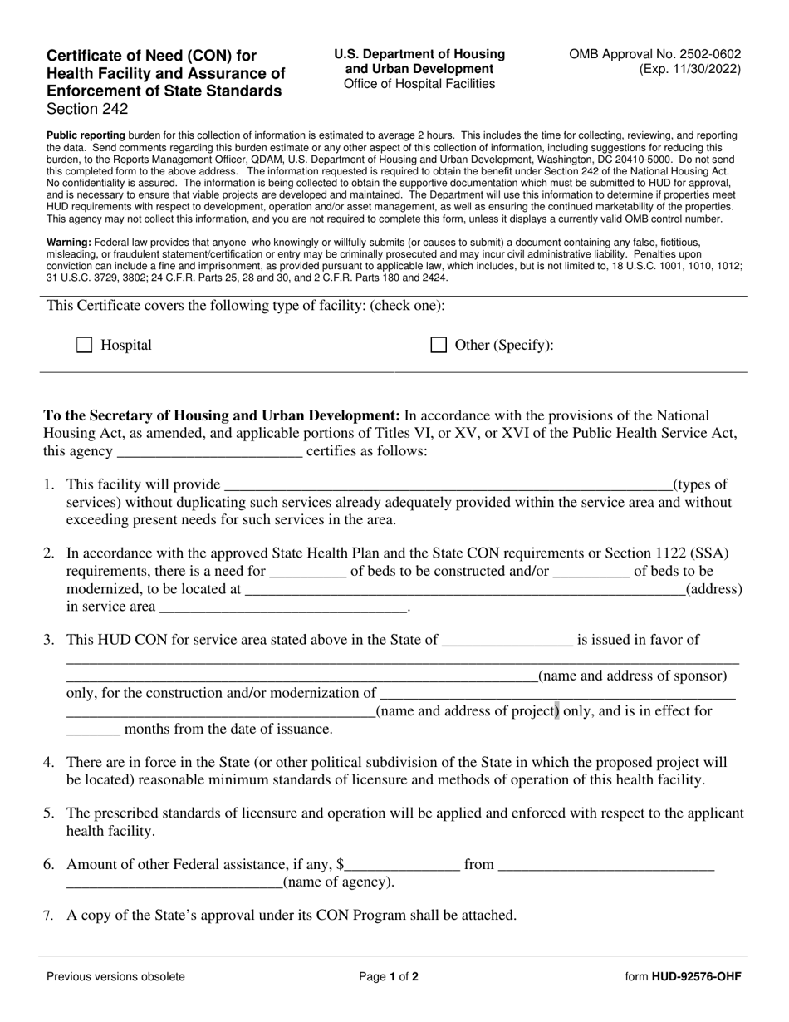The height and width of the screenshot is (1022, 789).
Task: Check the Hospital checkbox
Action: pos(84,346)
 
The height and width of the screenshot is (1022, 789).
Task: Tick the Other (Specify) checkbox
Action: pos(439,346)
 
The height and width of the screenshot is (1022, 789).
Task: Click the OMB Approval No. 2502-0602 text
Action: pos(654,54)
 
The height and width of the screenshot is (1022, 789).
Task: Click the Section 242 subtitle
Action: pos(87,109)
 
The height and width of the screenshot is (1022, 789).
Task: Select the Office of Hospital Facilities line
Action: pos(419,84)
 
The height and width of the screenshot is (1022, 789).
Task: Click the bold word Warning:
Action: pos(69,243)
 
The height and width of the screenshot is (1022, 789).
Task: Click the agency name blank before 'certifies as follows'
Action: pos(210,452)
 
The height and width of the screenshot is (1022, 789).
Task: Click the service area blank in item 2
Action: pos(282,607)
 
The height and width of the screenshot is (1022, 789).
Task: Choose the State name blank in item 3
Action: pos(507,641)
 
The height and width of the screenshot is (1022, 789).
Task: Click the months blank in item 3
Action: pos(93,730)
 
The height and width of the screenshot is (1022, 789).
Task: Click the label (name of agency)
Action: pos(339,882)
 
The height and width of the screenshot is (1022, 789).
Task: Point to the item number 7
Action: pos(49,916)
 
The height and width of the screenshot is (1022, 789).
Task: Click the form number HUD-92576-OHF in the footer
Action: pos(696,977)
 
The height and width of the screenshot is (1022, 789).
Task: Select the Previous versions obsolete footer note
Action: pos(115,977)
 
